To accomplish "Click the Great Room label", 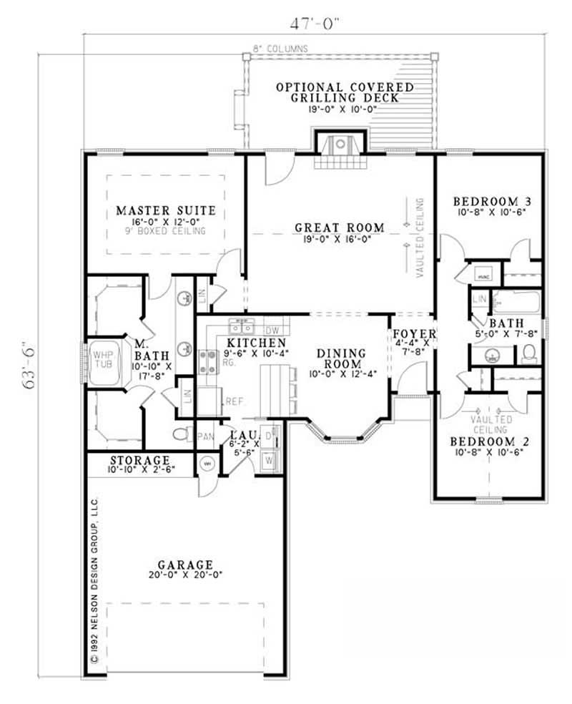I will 340,228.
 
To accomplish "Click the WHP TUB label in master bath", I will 98,358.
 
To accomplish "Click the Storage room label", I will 140,460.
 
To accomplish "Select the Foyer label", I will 413,335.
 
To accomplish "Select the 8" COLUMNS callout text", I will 280,49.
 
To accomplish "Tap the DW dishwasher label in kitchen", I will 270,331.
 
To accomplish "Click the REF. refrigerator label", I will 235,402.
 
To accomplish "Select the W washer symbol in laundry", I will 269,461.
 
